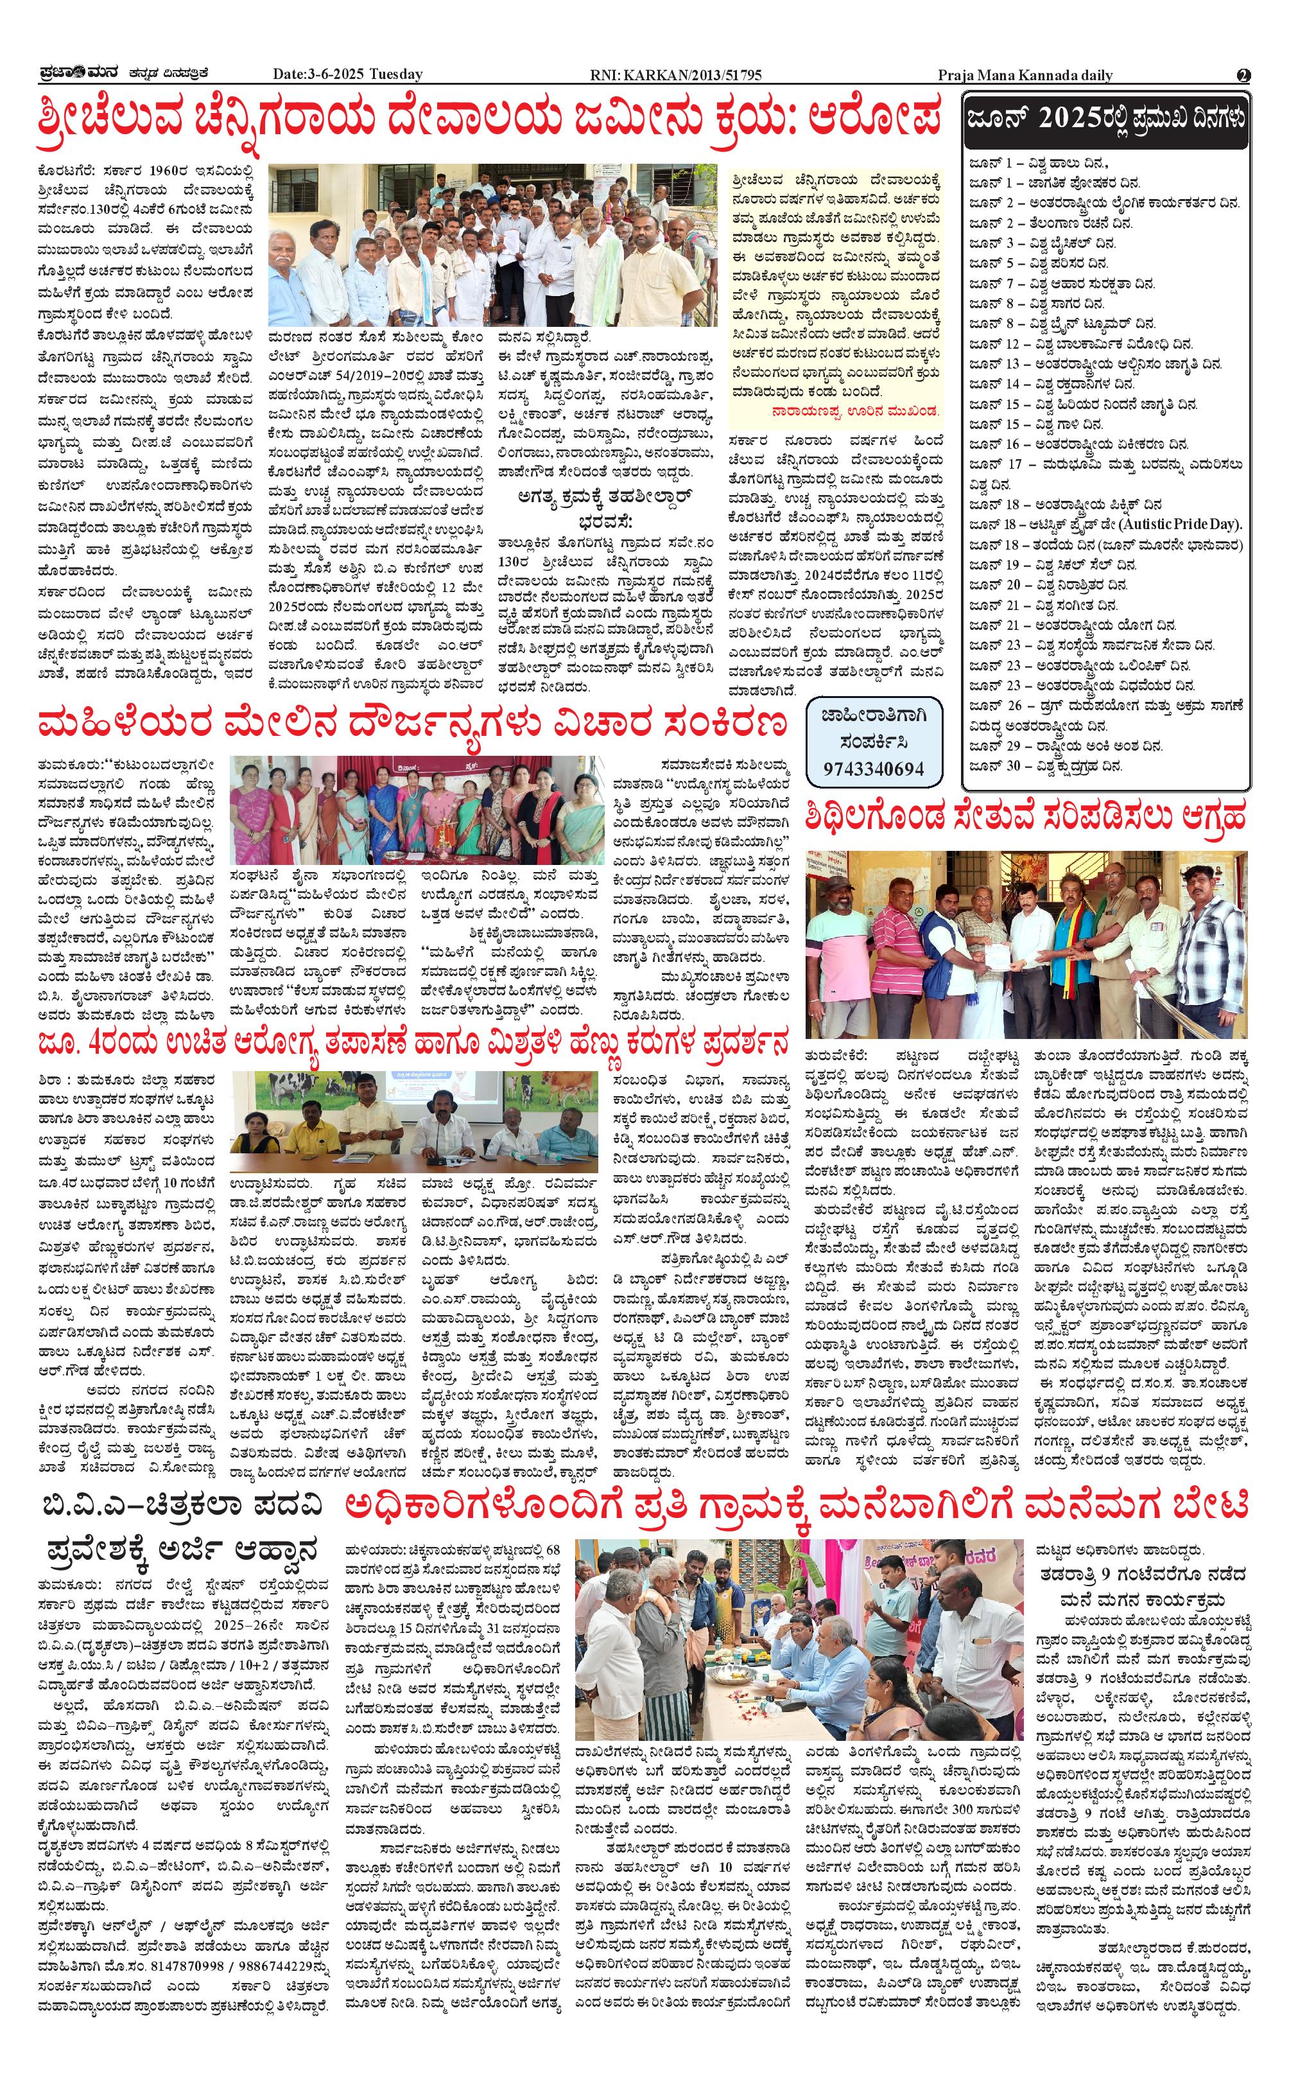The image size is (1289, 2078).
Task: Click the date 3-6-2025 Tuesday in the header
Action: coord(347,75)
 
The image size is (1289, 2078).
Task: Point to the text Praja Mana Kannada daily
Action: coord(1025,75)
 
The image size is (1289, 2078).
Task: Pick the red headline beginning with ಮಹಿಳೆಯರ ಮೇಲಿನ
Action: coord(411,725)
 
